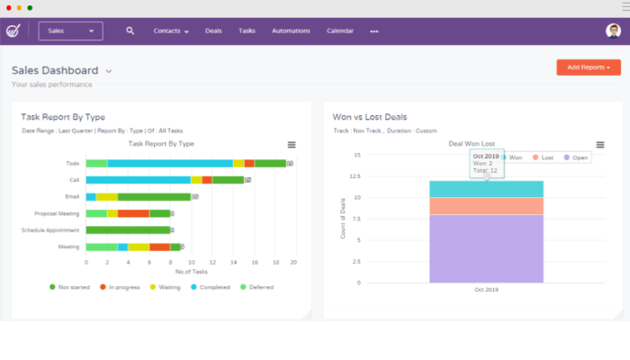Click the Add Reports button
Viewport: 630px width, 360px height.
[x=589, y=67]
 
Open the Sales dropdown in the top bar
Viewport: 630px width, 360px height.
[x=70, y=31]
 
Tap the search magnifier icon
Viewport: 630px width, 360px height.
[x=130, y=31]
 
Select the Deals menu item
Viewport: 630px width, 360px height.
[x=213, y=31]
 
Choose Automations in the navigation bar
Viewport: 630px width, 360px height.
[x=291, y=31]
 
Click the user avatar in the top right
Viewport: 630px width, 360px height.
[x=613, y=31]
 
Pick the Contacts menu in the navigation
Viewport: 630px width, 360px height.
[x=171, y=31]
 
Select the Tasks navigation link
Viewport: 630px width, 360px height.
[x=247, y=31]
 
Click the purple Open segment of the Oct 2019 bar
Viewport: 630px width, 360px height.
[x=486, y=247]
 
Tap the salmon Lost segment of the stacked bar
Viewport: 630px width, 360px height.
[x=486, y=206]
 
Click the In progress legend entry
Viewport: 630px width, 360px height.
[x=123, y=287]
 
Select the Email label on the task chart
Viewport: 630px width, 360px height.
[x=72, y=196]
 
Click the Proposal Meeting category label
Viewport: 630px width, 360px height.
[x=57, y=213]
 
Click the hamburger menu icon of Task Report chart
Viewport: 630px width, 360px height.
[x=291, y=144]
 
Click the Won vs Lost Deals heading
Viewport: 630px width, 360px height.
[x=370, y=117]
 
